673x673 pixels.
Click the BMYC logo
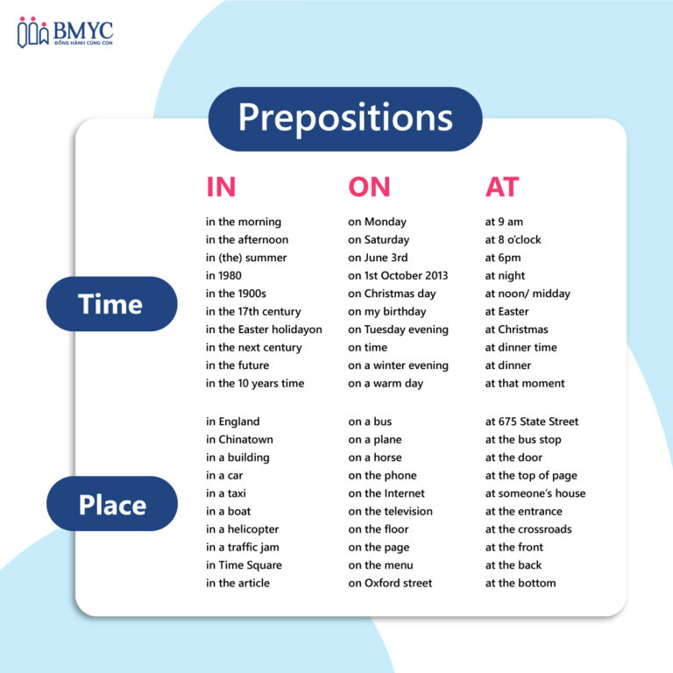[x=65, y=32]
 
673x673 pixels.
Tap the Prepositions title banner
[x=345, y=119]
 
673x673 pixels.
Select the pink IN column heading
[x=221, y=187]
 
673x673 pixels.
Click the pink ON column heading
[x=369, y=187]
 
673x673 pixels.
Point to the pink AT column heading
[x=502, y=187]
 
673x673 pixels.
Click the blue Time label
[x=111, y=304]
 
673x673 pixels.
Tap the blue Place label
[x=112, y=504]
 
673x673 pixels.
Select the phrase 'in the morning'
[x=244, y=222]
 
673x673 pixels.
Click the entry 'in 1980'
[x=223, y=275]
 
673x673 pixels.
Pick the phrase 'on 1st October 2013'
[x=398, y=275]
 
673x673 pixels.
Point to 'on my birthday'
[x=387, y=312]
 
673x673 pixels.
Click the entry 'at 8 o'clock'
[x=513, y=239]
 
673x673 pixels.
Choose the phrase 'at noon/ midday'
[x=528, y=294]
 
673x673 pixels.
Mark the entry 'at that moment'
[x=525, y=383]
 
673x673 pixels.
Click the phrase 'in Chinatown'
[x=239, y=440]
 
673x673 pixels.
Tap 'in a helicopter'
[x=243, y=529]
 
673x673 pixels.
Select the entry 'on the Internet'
[x=386, y=493]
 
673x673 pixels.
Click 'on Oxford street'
[x=390, y=584]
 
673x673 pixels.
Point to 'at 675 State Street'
[x=532, y=422]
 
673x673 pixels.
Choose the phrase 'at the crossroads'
[x=528, y=529]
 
